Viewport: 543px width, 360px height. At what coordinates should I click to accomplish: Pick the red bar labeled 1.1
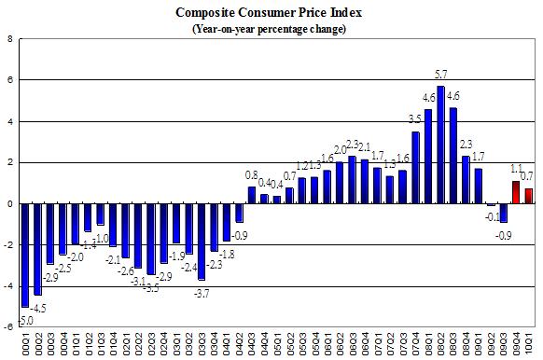pos(516,192)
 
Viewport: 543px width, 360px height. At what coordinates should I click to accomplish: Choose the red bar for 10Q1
pos(529,196)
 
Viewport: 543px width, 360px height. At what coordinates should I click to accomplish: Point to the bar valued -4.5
pos(37,249)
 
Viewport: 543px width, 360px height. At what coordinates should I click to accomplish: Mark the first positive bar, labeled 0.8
pos(251,195)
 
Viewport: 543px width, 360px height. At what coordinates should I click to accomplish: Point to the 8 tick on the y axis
pos(9,39)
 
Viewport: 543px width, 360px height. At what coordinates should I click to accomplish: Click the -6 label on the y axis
pos(8,326)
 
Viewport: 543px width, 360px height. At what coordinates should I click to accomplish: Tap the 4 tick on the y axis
pos(9,121)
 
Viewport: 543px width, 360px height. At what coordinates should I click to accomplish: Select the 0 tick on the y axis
pos(9,203)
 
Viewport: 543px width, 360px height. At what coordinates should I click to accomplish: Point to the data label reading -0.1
pos(491,216)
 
